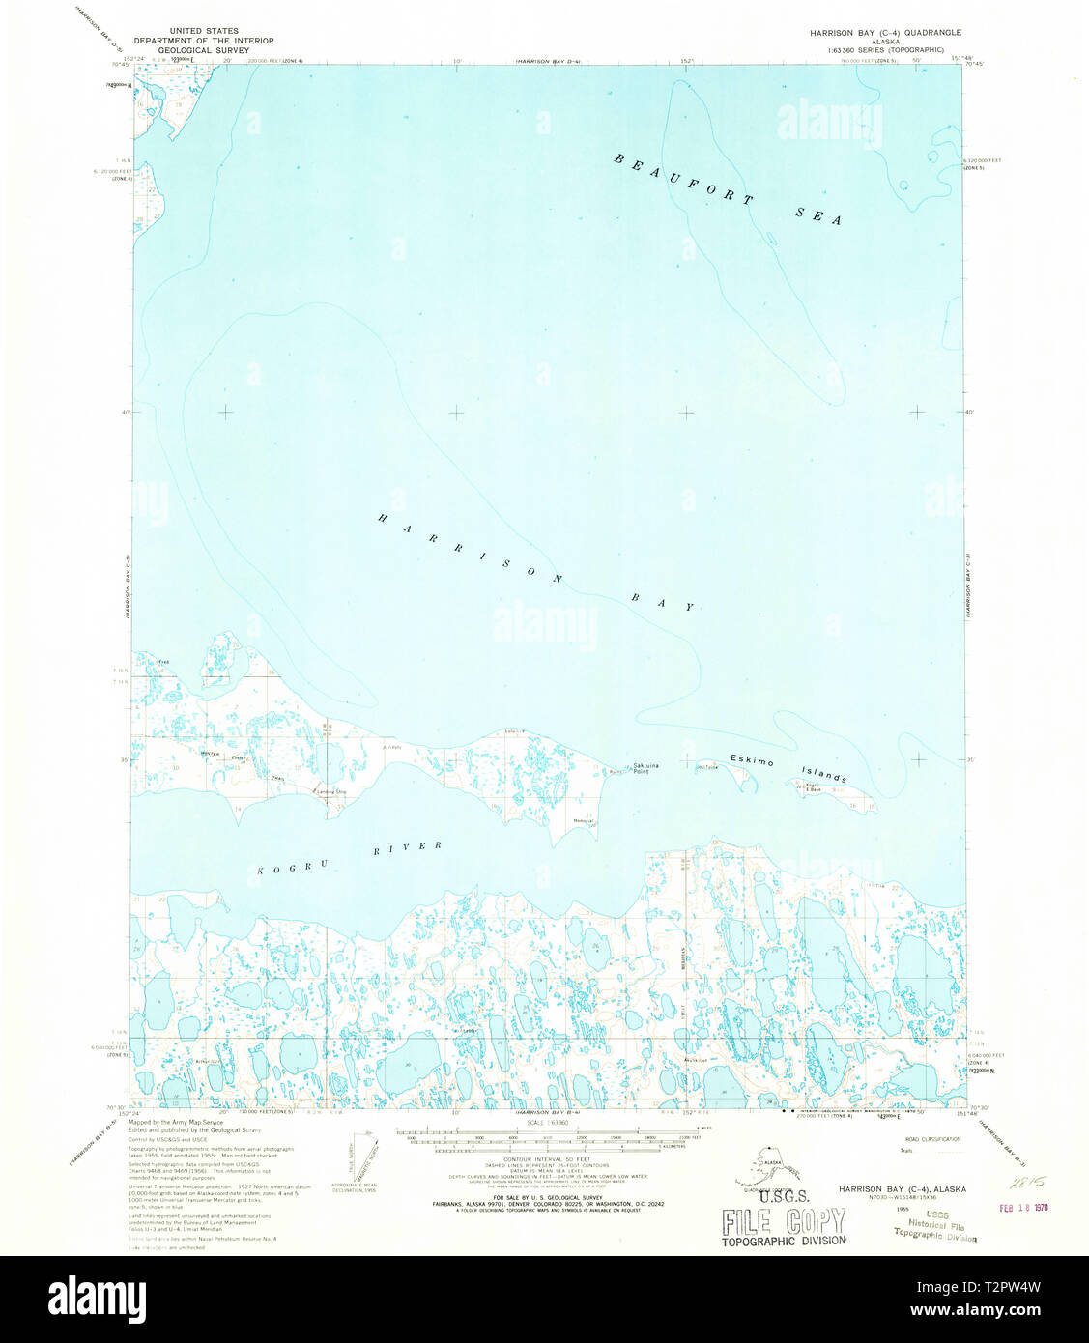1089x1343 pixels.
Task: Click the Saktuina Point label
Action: (647, 769)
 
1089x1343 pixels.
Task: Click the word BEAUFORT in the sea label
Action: (683, 180)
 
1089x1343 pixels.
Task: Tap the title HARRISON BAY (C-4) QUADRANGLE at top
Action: (885, 32)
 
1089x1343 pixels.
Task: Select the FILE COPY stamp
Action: (783, 1222)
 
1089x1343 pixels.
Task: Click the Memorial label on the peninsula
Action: (584, 822)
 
